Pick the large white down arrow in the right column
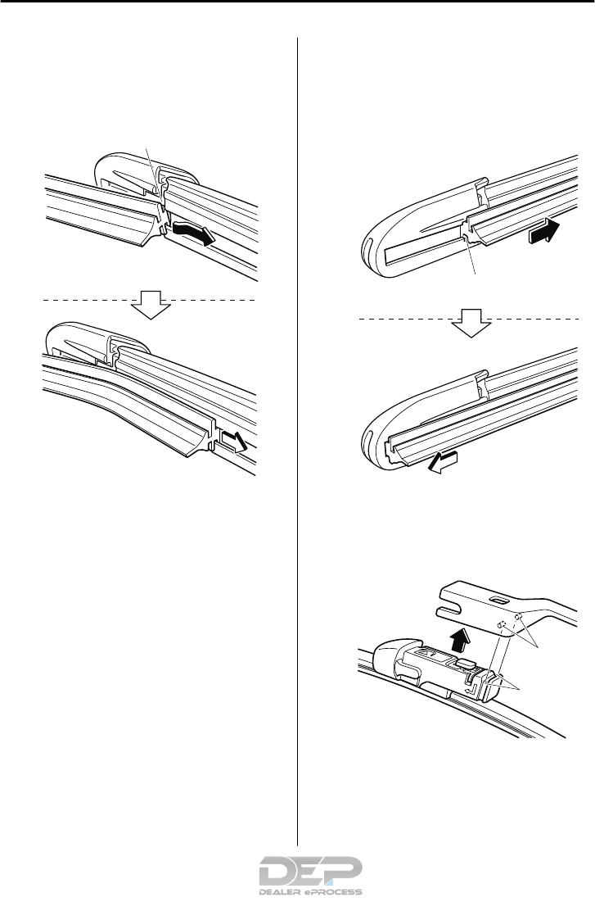[x=471, y=322]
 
